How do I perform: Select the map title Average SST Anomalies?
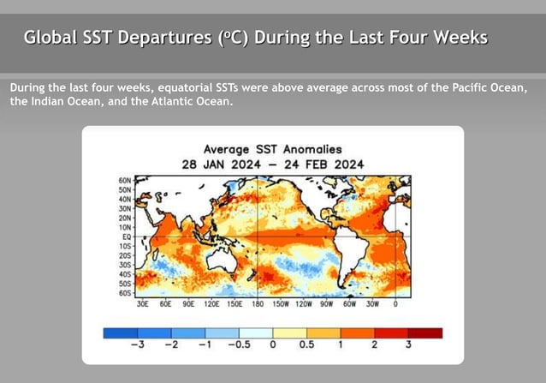coord(272,148)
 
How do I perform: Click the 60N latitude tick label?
coord(125,181)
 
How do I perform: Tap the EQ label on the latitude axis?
coord(127,236)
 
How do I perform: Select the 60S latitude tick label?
coord(125,292)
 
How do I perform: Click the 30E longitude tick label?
coord(142,303)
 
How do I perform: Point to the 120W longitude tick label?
coord(304,303)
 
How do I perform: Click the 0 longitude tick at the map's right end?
coord(395,303)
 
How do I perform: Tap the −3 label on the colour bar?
coord(136,344)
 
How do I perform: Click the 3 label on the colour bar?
coord(408,344)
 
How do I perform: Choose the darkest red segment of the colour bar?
coord(425,332)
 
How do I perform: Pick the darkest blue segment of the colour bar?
coord(120,332)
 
